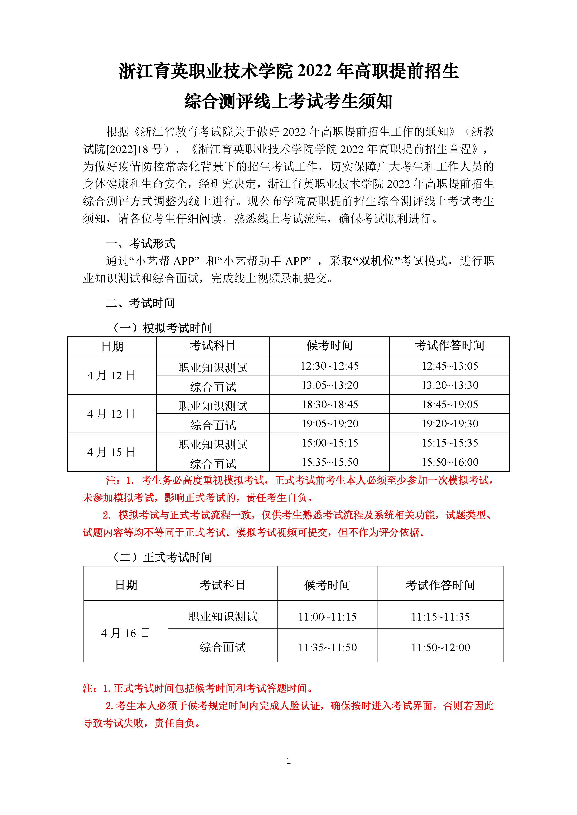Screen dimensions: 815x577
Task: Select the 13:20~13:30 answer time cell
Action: [450, 385]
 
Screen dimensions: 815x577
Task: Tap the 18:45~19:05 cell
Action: [450, 404]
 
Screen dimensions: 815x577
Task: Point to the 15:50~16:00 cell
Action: [450, 462]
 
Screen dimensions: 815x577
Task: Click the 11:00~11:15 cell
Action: [327, 617]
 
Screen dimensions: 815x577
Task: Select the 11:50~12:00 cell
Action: [440, 647]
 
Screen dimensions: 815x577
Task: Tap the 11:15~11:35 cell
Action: [440, 617]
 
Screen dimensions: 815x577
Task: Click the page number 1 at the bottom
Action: [288, 761]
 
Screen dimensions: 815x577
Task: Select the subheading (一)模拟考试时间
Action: [162, 328]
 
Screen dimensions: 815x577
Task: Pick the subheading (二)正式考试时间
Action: [162, 557]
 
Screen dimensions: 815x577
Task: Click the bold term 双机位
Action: [377, 261]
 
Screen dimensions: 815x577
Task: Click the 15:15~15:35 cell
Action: [450, 443]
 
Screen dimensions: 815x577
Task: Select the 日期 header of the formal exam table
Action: [126, 585]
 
